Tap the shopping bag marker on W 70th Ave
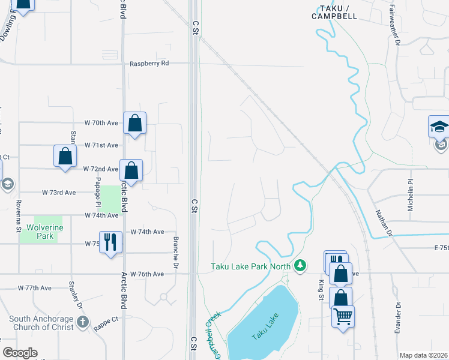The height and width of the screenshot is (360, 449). pos(135,124)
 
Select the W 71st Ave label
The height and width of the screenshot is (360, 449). pos(101,145)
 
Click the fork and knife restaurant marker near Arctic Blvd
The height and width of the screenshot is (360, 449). pos(110,242)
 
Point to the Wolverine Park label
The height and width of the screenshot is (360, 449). pos(40,232)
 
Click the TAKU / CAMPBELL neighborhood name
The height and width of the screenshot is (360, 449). pos(334,12)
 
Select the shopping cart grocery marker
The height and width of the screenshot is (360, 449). pos(343,316)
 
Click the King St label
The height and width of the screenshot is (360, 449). pos(321,286)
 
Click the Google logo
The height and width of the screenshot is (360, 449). pos(20,353)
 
